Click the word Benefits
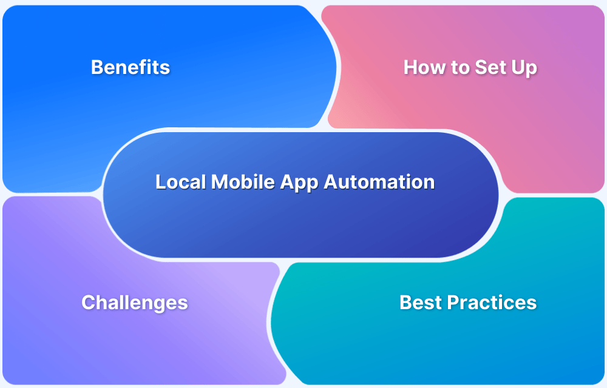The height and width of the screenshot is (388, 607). pos(130,67)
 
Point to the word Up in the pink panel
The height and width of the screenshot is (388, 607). pos(523,68)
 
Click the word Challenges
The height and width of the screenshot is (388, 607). pos(134,302)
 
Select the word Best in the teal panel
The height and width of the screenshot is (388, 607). pos(419,302)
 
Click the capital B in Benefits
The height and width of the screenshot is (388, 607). pos(97,67)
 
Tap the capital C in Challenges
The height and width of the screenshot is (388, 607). pos(88,302)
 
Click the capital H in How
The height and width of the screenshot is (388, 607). pos(411,67)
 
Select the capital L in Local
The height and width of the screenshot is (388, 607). pos(160,182)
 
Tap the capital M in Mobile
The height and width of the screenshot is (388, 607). pos(218,182)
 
